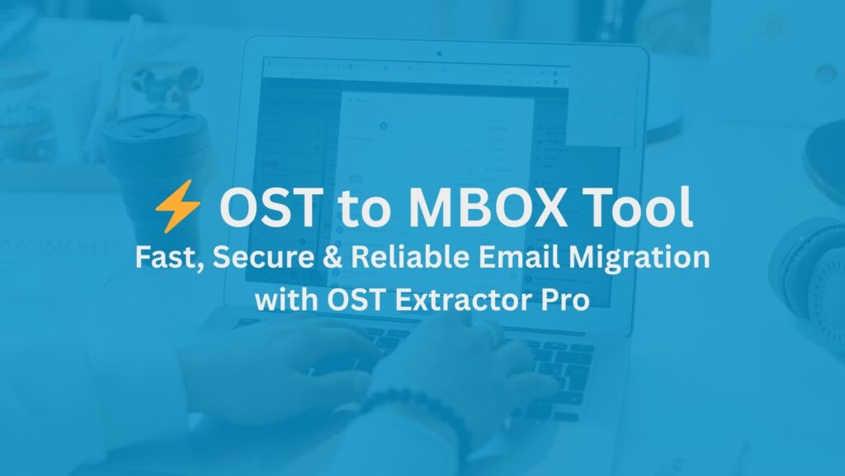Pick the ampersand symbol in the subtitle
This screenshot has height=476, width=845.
click(x=330, y=257)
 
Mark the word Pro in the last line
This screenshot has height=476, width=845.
click(x=564, y=300)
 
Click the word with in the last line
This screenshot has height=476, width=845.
click(x=283, y=300)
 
